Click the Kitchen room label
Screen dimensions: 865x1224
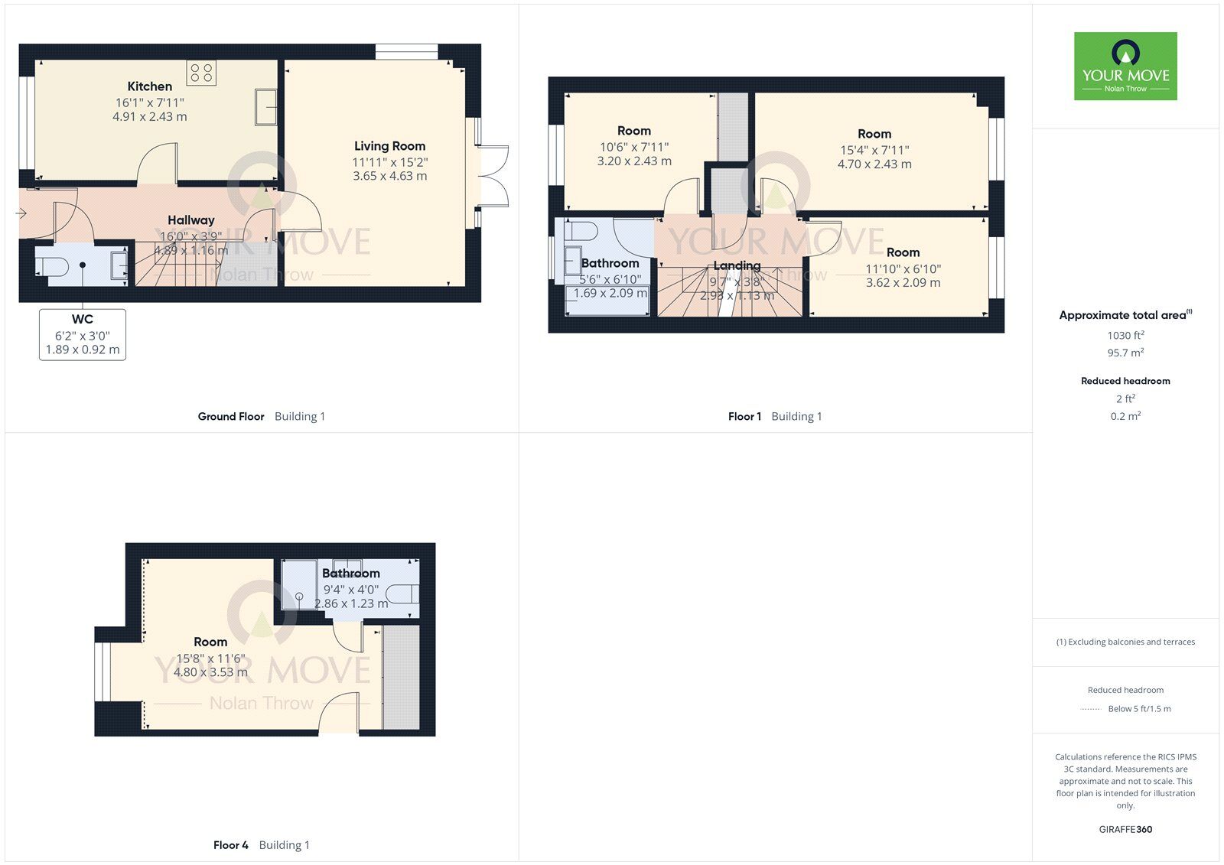pyautogui.click(x=149, y=86)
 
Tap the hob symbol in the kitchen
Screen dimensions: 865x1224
pyautogui.click(x=201, y=73)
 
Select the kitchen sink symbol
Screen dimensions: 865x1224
pyautogui.click(x=266, y=106)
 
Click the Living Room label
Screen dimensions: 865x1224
pyautogui.click(x=389, y=146)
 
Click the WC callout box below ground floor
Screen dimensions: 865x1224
pyautogui.click(x=83, y=334)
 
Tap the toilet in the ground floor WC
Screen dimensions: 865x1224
pyautogui.click(x=53, y=266)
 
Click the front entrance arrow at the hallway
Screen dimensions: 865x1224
pyautogui.click(x=21, y=213)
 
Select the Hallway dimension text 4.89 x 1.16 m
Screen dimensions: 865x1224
pyautogui.click(x=191, y=250)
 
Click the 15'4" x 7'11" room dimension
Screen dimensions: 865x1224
pyautogui.click(x=874, y=150)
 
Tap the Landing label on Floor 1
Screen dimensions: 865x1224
pyautogui.click(x=737, y=265)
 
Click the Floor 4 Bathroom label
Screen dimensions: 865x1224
pyautogui.click(x=350, y=573)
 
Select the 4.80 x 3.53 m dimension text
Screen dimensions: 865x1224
pyautogui.click(x=210, y=672)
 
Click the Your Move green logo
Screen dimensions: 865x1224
pyautogui.click(x=1125, y=66)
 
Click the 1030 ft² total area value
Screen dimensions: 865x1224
pyautogui.click(x=1125, y=335)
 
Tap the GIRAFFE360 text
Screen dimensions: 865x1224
pyautogui.click(x=1125, y=829)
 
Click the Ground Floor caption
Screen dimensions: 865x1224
pyautogui.click(x=231, y=416)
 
